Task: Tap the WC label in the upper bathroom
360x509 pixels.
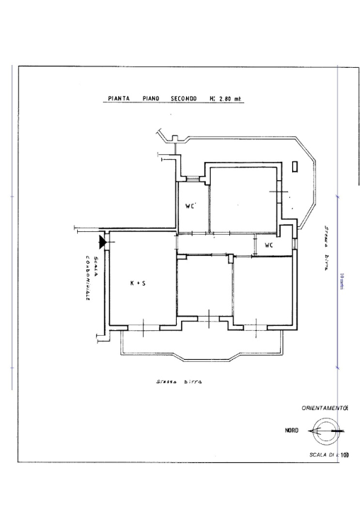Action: point(190,206)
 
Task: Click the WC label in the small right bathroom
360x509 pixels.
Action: point(269,245)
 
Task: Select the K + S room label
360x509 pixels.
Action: point(139,283)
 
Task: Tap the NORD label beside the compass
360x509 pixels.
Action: point(291,430)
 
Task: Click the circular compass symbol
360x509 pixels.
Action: point(326,430)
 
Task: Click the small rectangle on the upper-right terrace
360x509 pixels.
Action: point(295,168)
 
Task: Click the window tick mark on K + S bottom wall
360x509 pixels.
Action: point(144,327)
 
